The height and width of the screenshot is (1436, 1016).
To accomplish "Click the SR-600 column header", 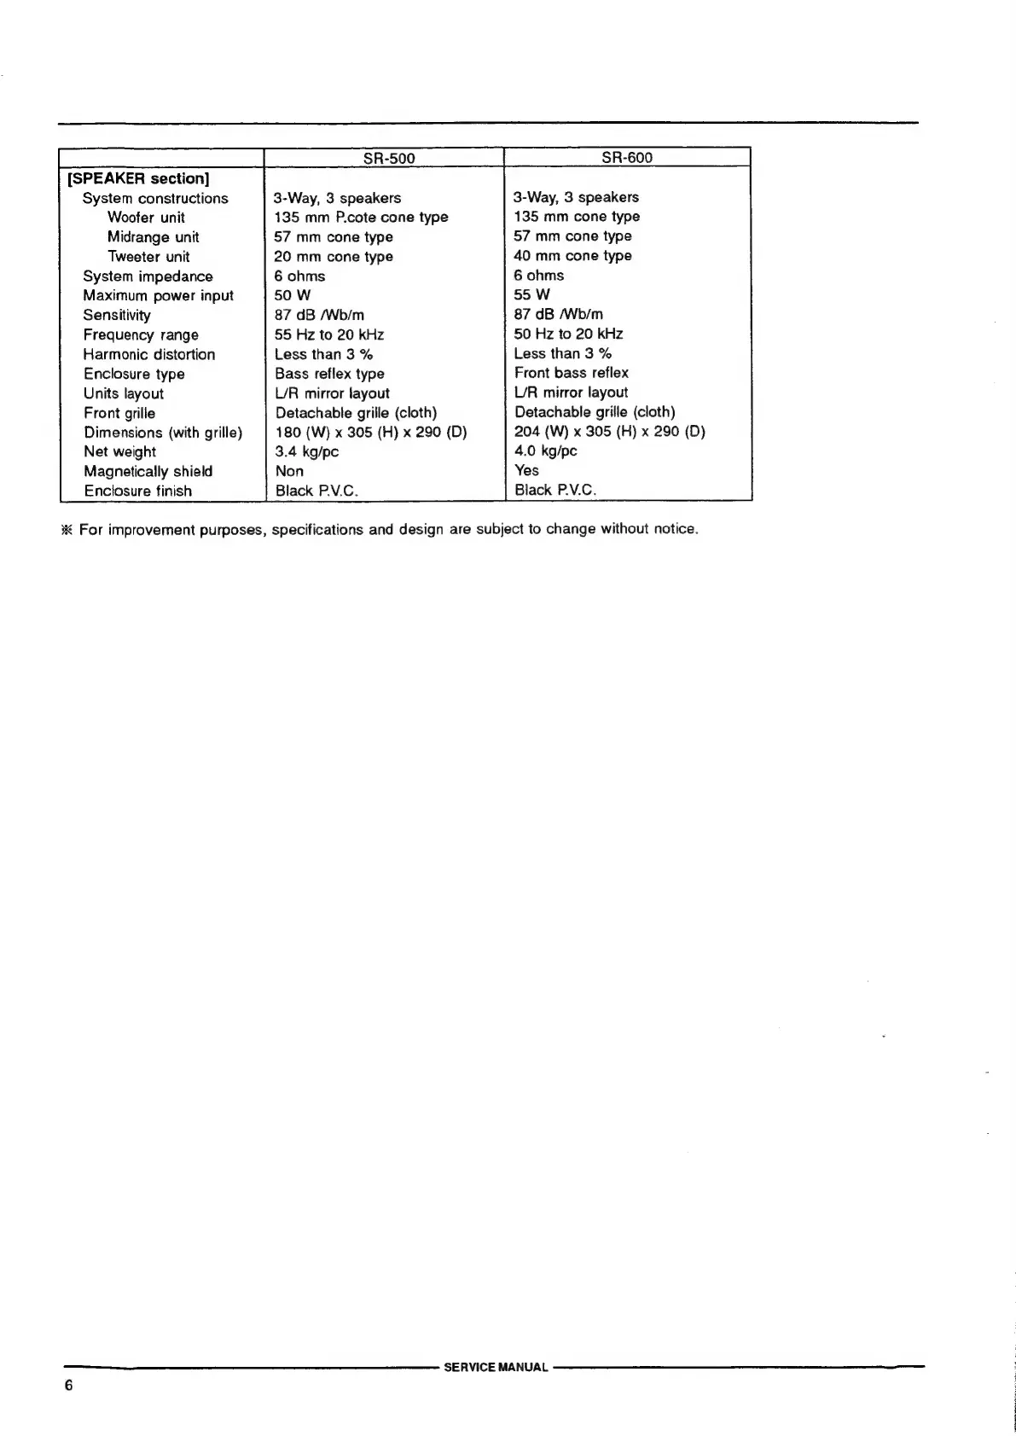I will (627, 158).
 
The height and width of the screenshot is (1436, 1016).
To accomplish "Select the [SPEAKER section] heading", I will (138, 178).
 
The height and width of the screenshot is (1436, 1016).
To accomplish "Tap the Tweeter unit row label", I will (148, 257).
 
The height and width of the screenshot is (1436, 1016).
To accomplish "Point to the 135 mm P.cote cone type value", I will (361, 218).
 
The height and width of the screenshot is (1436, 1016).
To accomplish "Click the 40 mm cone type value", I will (572, 256).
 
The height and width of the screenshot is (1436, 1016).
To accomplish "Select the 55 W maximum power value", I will (531, 295).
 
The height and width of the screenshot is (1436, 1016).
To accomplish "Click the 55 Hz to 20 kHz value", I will (329, 335).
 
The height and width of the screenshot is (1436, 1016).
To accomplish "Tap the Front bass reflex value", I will (571, 373).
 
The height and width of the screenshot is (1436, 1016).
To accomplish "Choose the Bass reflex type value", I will (329, 374).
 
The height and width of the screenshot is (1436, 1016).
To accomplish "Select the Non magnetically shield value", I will (289, 472).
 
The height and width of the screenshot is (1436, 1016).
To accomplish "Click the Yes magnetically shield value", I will (526, 470).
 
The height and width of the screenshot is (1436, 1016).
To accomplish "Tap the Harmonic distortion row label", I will (149, 355).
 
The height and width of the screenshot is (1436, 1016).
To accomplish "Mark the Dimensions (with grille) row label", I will (163, 433).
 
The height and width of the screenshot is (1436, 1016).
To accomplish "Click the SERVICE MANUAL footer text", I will (496, 1367).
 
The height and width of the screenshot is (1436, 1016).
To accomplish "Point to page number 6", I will (69, 1386).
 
